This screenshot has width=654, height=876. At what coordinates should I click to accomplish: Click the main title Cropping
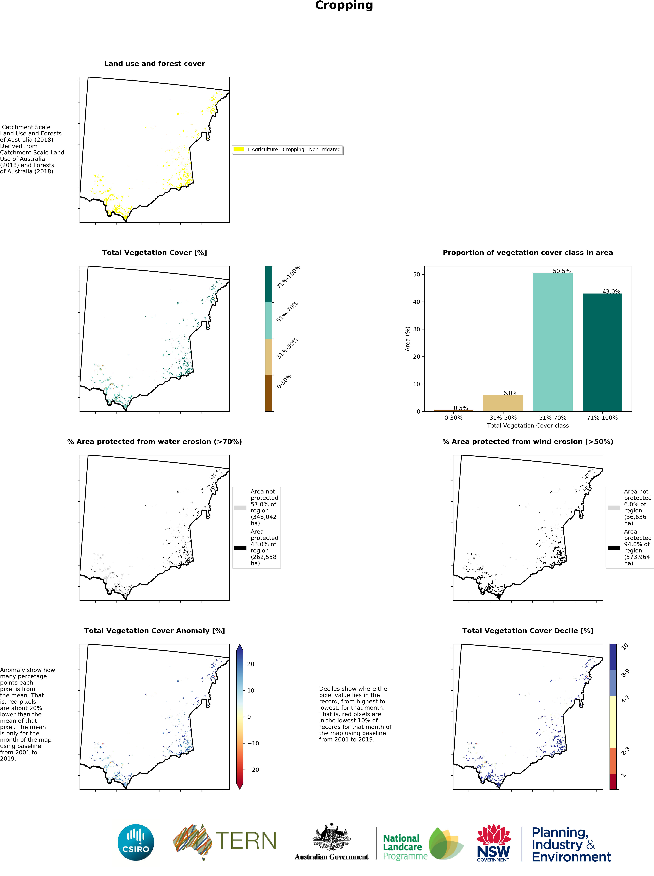click(x=344, y=5)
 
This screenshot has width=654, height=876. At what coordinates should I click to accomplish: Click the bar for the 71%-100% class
click(x=602, y=352)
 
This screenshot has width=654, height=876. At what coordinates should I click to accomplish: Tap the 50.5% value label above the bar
click(x=562, y=271)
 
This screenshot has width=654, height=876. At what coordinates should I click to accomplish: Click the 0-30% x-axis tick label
click(x=453, y=418)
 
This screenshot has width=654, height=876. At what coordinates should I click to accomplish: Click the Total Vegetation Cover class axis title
click(x=528, y=426)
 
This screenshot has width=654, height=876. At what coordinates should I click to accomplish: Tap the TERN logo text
click(x=245, y=841)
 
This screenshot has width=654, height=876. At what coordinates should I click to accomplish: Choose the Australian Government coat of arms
click(x=331, y=837)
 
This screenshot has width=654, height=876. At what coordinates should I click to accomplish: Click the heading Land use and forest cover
click(x=154, y=64)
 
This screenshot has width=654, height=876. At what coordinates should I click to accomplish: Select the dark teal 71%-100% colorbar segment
click(x=268, y=284)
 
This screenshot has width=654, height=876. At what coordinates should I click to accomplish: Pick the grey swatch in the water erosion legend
click(x=240, y=508)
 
